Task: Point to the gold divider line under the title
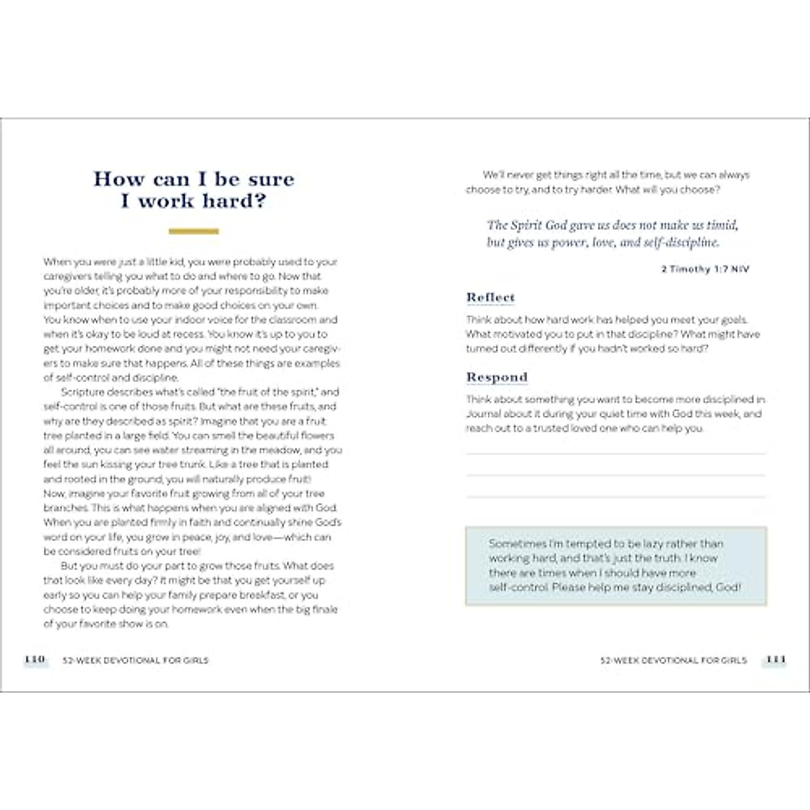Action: (x=193, y=232)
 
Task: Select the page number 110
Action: (x=34, y=659)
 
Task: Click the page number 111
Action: (x=776, y=659)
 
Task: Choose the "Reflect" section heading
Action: (x=491, y=297)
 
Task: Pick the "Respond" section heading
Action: (x=497, y=377)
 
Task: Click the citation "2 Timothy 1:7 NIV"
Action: (x=705, y=269)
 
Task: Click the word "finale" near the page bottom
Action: (x=324, y=610)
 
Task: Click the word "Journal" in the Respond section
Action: (x=483, y=414)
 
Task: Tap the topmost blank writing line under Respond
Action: (x=616, y=454)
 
